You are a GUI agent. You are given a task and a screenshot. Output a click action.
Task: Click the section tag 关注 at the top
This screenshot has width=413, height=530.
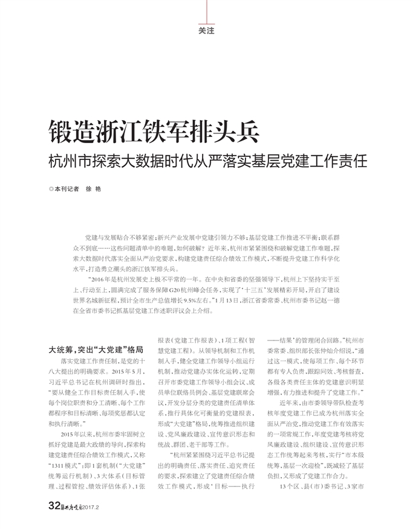click(206, 31)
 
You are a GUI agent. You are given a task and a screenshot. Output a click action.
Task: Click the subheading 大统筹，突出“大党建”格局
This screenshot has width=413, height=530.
click(96, 349)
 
